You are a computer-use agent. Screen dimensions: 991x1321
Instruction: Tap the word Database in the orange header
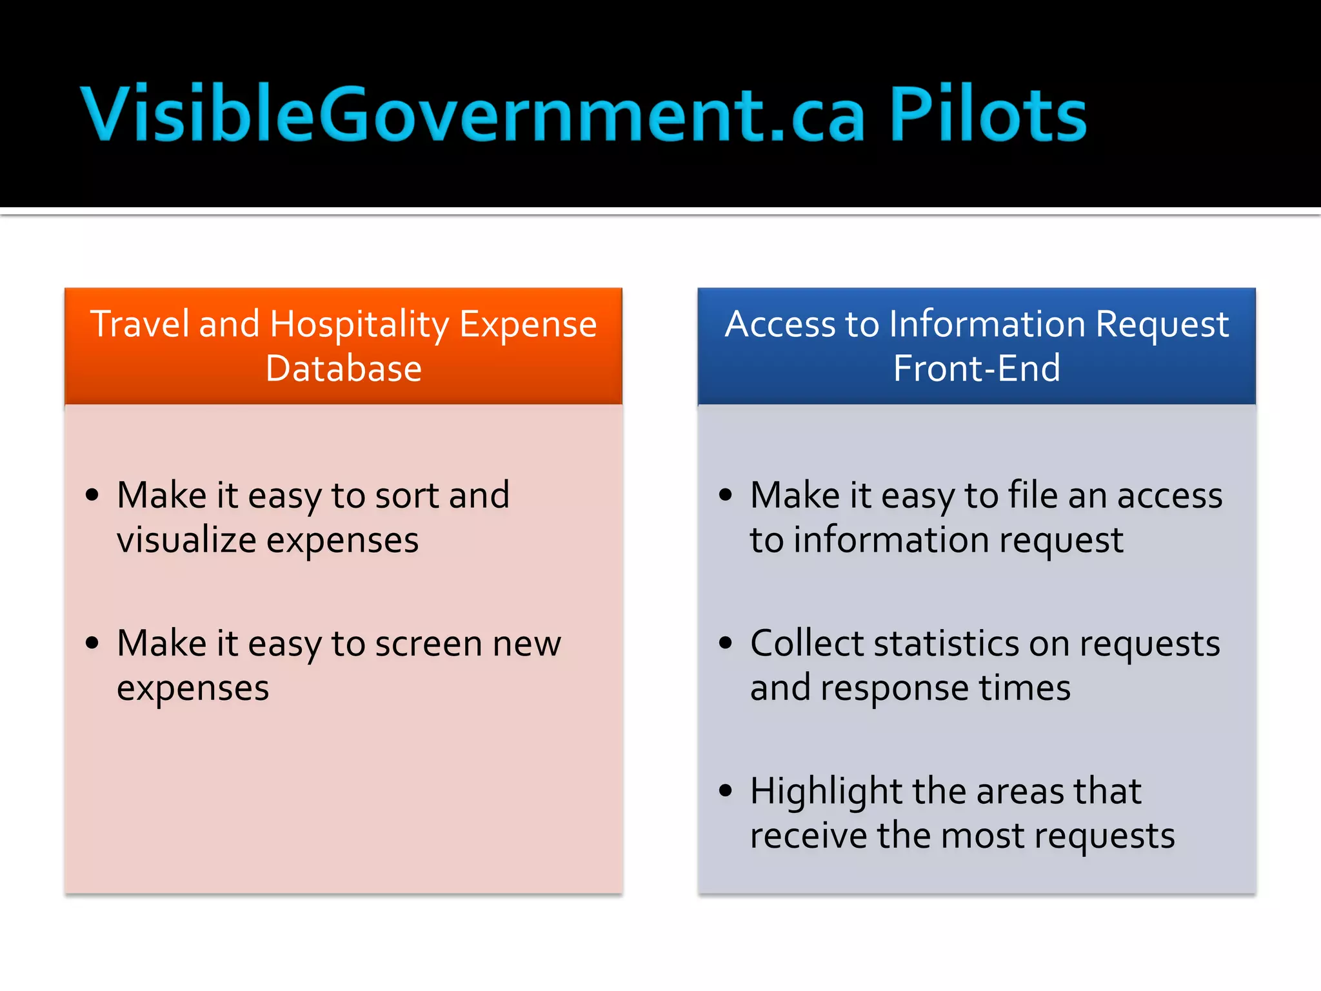[x=344, y=368]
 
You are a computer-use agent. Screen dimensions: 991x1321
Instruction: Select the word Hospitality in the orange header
[x=359, y=325]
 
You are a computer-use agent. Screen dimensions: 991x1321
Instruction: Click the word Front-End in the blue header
[x=977, y=368]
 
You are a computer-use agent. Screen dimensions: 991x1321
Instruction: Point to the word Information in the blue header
[x=987, y=324]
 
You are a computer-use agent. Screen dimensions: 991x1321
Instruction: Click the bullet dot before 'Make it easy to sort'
[x=92, y=495]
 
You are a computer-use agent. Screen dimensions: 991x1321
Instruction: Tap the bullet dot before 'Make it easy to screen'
[x=92, y=643]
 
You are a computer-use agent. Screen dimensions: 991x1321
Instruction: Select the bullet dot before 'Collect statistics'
[x=726, y=643]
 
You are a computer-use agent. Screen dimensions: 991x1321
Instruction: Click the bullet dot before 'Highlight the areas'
[x=726, y=790]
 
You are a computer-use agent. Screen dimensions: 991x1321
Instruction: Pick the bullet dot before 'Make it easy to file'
[x=726, y=495]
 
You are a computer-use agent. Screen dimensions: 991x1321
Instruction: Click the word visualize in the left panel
[x=186, y=540]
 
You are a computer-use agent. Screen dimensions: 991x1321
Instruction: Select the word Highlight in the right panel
[x=826, y=792]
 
